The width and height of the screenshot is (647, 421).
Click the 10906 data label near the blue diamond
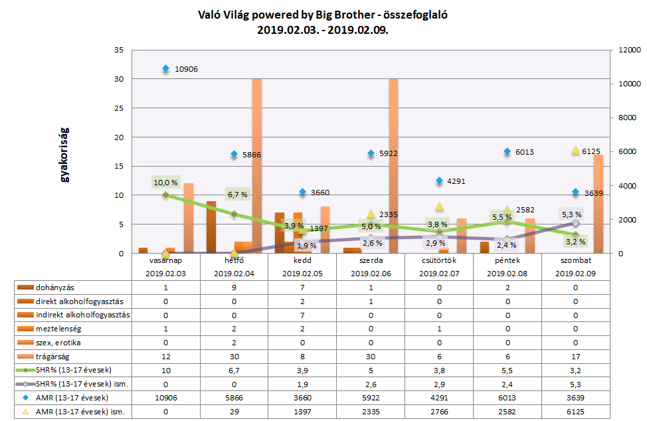pyautogui.click(x=186, y=69)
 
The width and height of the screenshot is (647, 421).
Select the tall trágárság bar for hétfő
pyautogui.click(x=256, y=166)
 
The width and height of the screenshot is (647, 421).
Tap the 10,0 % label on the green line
pyautogui.click(x=165, y=182)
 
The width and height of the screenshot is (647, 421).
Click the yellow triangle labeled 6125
pyautogui.click(x=575, y=151)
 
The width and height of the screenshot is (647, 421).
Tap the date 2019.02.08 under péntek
pyautogui.click(x=508, y=273)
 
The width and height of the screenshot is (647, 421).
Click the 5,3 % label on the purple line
pyautogui.click(x=571, y=214)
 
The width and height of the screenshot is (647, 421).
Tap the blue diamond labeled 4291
pyautogui.click(x=439, y=181)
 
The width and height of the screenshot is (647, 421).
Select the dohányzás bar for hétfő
pyautogui.click(x=211, y=227)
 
